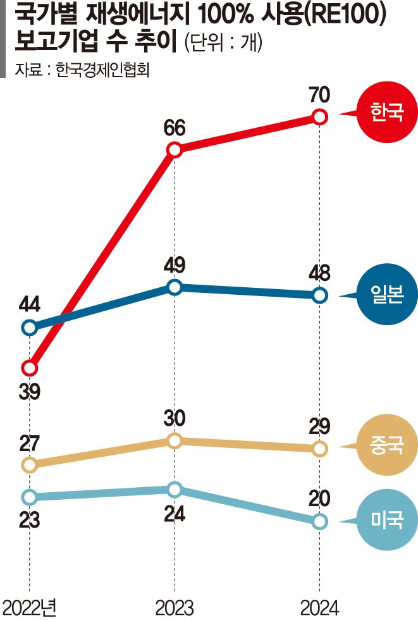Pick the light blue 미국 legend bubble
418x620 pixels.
click(381, 521)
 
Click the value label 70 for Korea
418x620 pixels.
click(320, 95)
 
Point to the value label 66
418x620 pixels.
click(175, 128)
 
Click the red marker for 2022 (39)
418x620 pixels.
click(29, 368)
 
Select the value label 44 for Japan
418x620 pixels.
click(29, 306)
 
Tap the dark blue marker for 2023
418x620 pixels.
click(175, 287)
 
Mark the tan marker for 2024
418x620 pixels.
click(320, 449)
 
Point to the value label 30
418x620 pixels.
click(175, 419)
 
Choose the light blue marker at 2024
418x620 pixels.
click(320, 521)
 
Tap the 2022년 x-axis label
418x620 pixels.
click(30, 607)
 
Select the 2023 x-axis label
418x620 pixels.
click(175, 607)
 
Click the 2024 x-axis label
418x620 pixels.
click(320, 607)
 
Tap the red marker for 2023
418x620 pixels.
click(175, 150)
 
